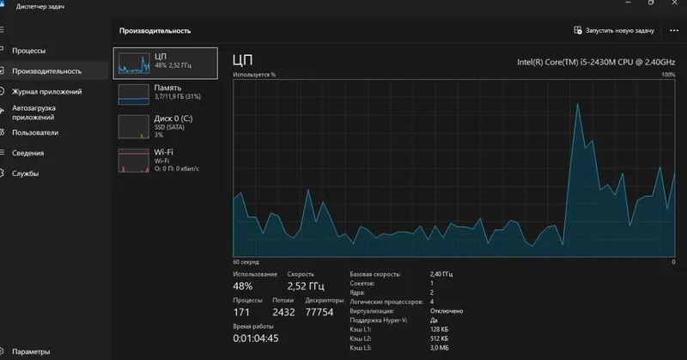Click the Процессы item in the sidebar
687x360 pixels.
pyautogui.click(x=28, y=51)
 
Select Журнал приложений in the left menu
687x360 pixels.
pyautogui.click(x=47, y=92)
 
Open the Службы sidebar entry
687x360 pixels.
pyautogui.click(x=26, y=174)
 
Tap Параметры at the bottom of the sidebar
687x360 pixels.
pyautogui.click(x=31, y=351)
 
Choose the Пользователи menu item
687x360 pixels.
pyautogui.click(x=35, y=132)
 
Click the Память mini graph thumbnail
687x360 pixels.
pyautogui.click(x=134, y=95)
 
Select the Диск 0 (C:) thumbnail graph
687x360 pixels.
pyautogui.click(x=134, y=126)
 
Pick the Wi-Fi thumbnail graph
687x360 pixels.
pyautogui.click(x=134, y=161)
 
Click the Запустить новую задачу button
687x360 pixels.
pyautogui.click(x=614, y=31)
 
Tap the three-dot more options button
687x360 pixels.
pyautogui.click(x=674, y=31)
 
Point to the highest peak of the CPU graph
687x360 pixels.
pyautogui.click(x=578, y=104)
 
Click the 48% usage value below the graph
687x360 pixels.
pyautogui.click(x=243, y=286)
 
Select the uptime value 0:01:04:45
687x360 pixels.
pyautogui.click(x=255, y=339)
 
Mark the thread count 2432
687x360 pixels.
pyautogui.click(x=283, y=312)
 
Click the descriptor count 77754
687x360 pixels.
pyautogui.click(x=319, y=312)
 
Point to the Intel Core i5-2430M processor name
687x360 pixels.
pyautogui.click(x=596, y=62)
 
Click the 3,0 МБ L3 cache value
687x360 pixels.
pyautogui.click(x=440, y=348)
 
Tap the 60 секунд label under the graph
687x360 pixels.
pyautogui.click(x=246, y=262)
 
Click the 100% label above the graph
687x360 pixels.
pyautogui.click(x=668, y=75)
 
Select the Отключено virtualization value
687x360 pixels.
pyautogui.click(x=447, y=311)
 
